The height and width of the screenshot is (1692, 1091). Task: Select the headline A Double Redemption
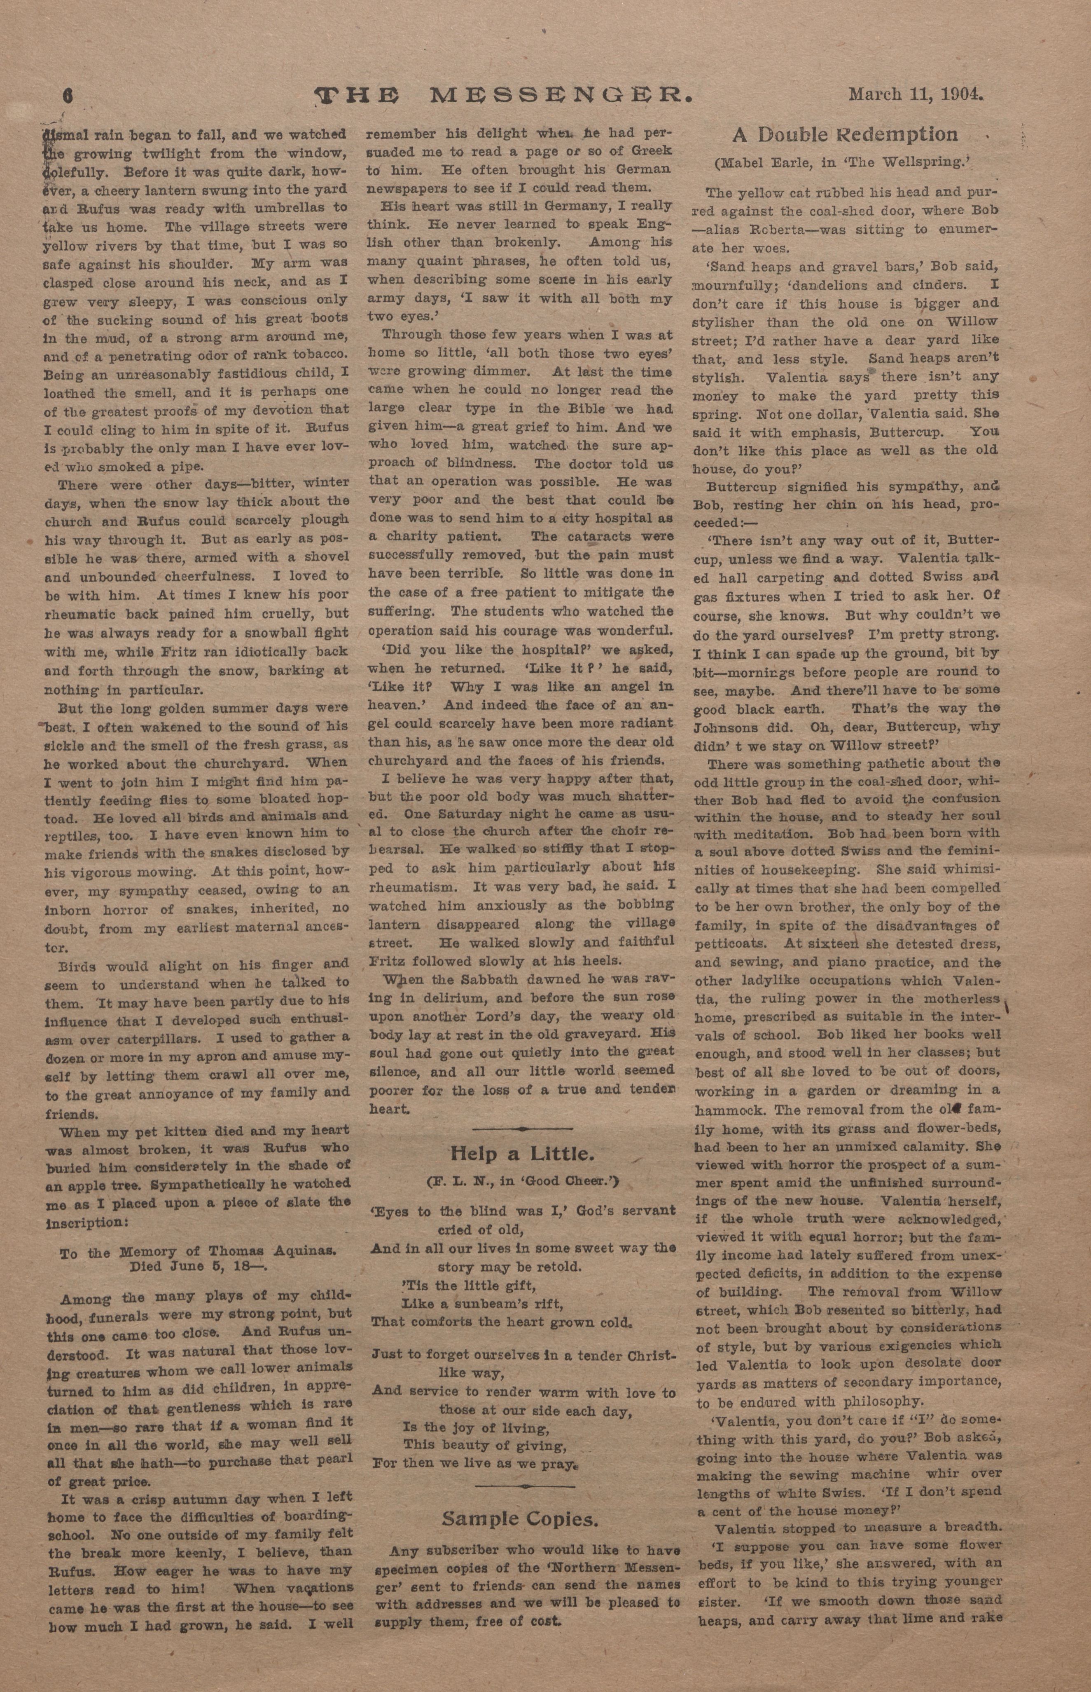[x=844, y=135]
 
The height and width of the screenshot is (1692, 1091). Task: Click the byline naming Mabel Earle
[x=841, y=162]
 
